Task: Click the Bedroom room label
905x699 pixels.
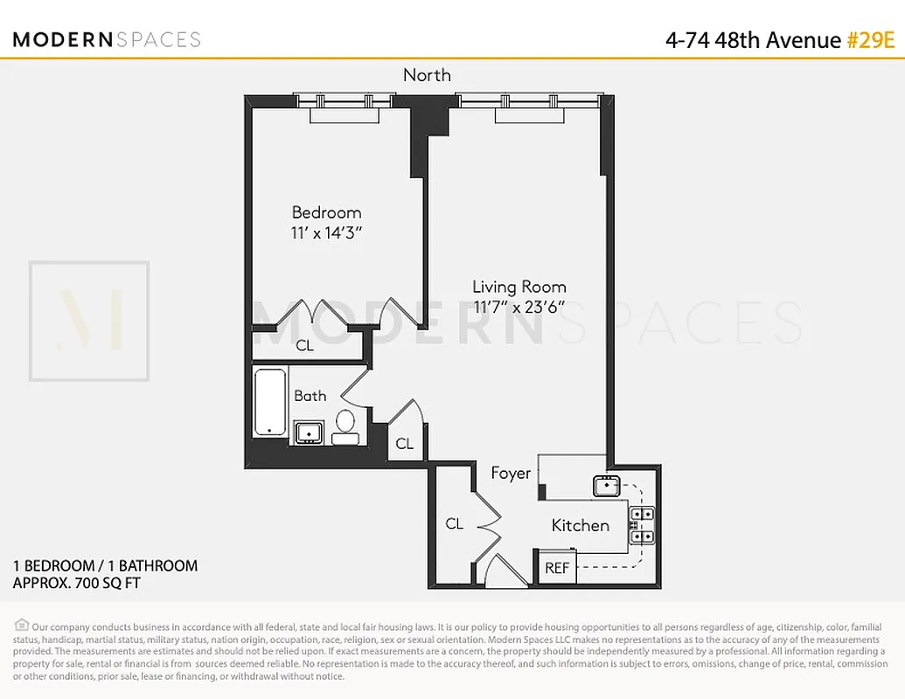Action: (326, 212)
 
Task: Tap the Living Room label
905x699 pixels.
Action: (519, 287)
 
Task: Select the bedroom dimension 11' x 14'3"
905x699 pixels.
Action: (326, 233)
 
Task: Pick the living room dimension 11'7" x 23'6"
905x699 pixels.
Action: (519, 307)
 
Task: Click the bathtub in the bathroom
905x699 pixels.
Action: (269, 403)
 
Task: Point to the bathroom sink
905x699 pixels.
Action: (309, 432)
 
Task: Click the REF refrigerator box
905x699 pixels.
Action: (557, 568)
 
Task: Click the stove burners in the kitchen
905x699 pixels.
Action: (643, 525)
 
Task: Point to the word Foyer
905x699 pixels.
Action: (511, 473)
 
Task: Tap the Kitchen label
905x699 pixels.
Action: (580, 525)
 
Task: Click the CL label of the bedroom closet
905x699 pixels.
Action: (304, 345)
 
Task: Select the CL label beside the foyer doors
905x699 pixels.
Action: (454, 524)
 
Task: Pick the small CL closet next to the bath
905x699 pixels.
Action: (404, 444)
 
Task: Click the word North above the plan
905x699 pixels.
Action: (427, 75)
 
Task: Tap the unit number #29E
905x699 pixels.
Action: (872, 39)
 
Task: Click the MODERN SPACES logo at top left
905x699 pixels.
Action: (107, 39)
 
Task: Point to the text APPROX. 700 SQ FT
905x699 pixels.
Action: (76, 583)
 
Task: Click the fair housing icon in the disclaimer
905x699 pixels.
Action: (21, 626)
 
